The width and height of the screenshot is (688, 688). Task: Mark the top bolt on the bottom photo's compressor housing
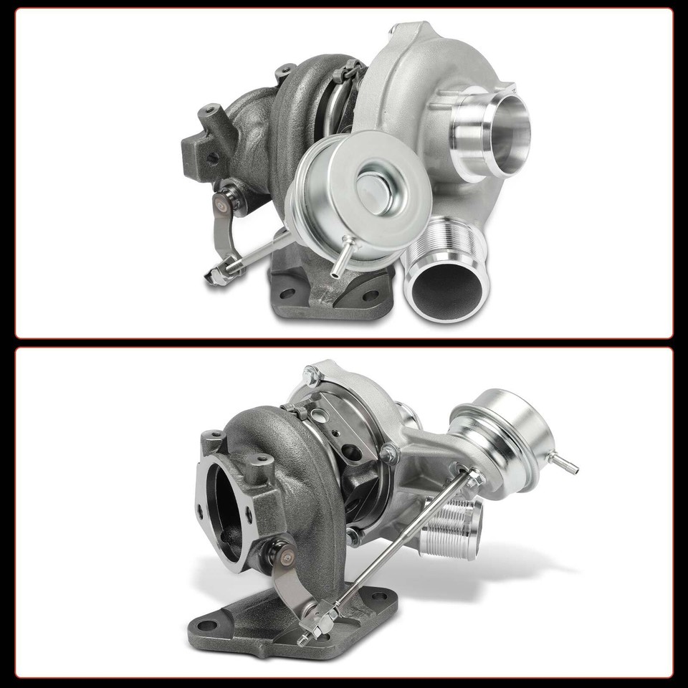click(x=310, y=373)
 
